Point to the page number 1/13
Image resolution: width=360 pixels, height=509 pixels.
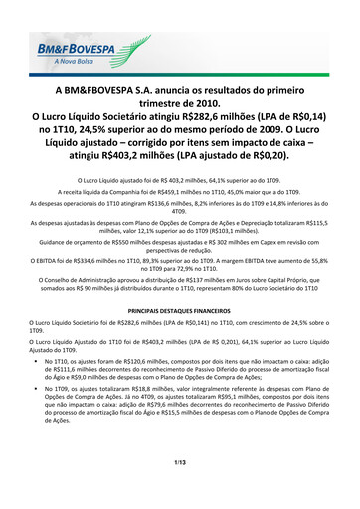179,490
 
